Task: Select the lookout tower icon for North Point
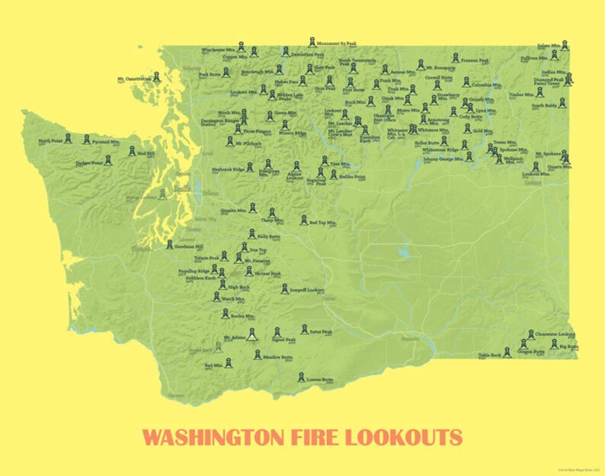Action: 67,137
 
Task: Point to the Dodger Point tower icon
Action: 107,159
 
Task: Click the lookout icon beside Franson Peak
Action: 455,57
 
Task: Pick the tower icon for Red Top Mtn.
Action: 303,220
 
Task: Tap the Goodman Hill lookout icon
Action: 170,244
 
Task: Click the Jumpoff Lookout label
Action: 307,291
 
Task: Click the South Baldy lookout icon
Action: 562,101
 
